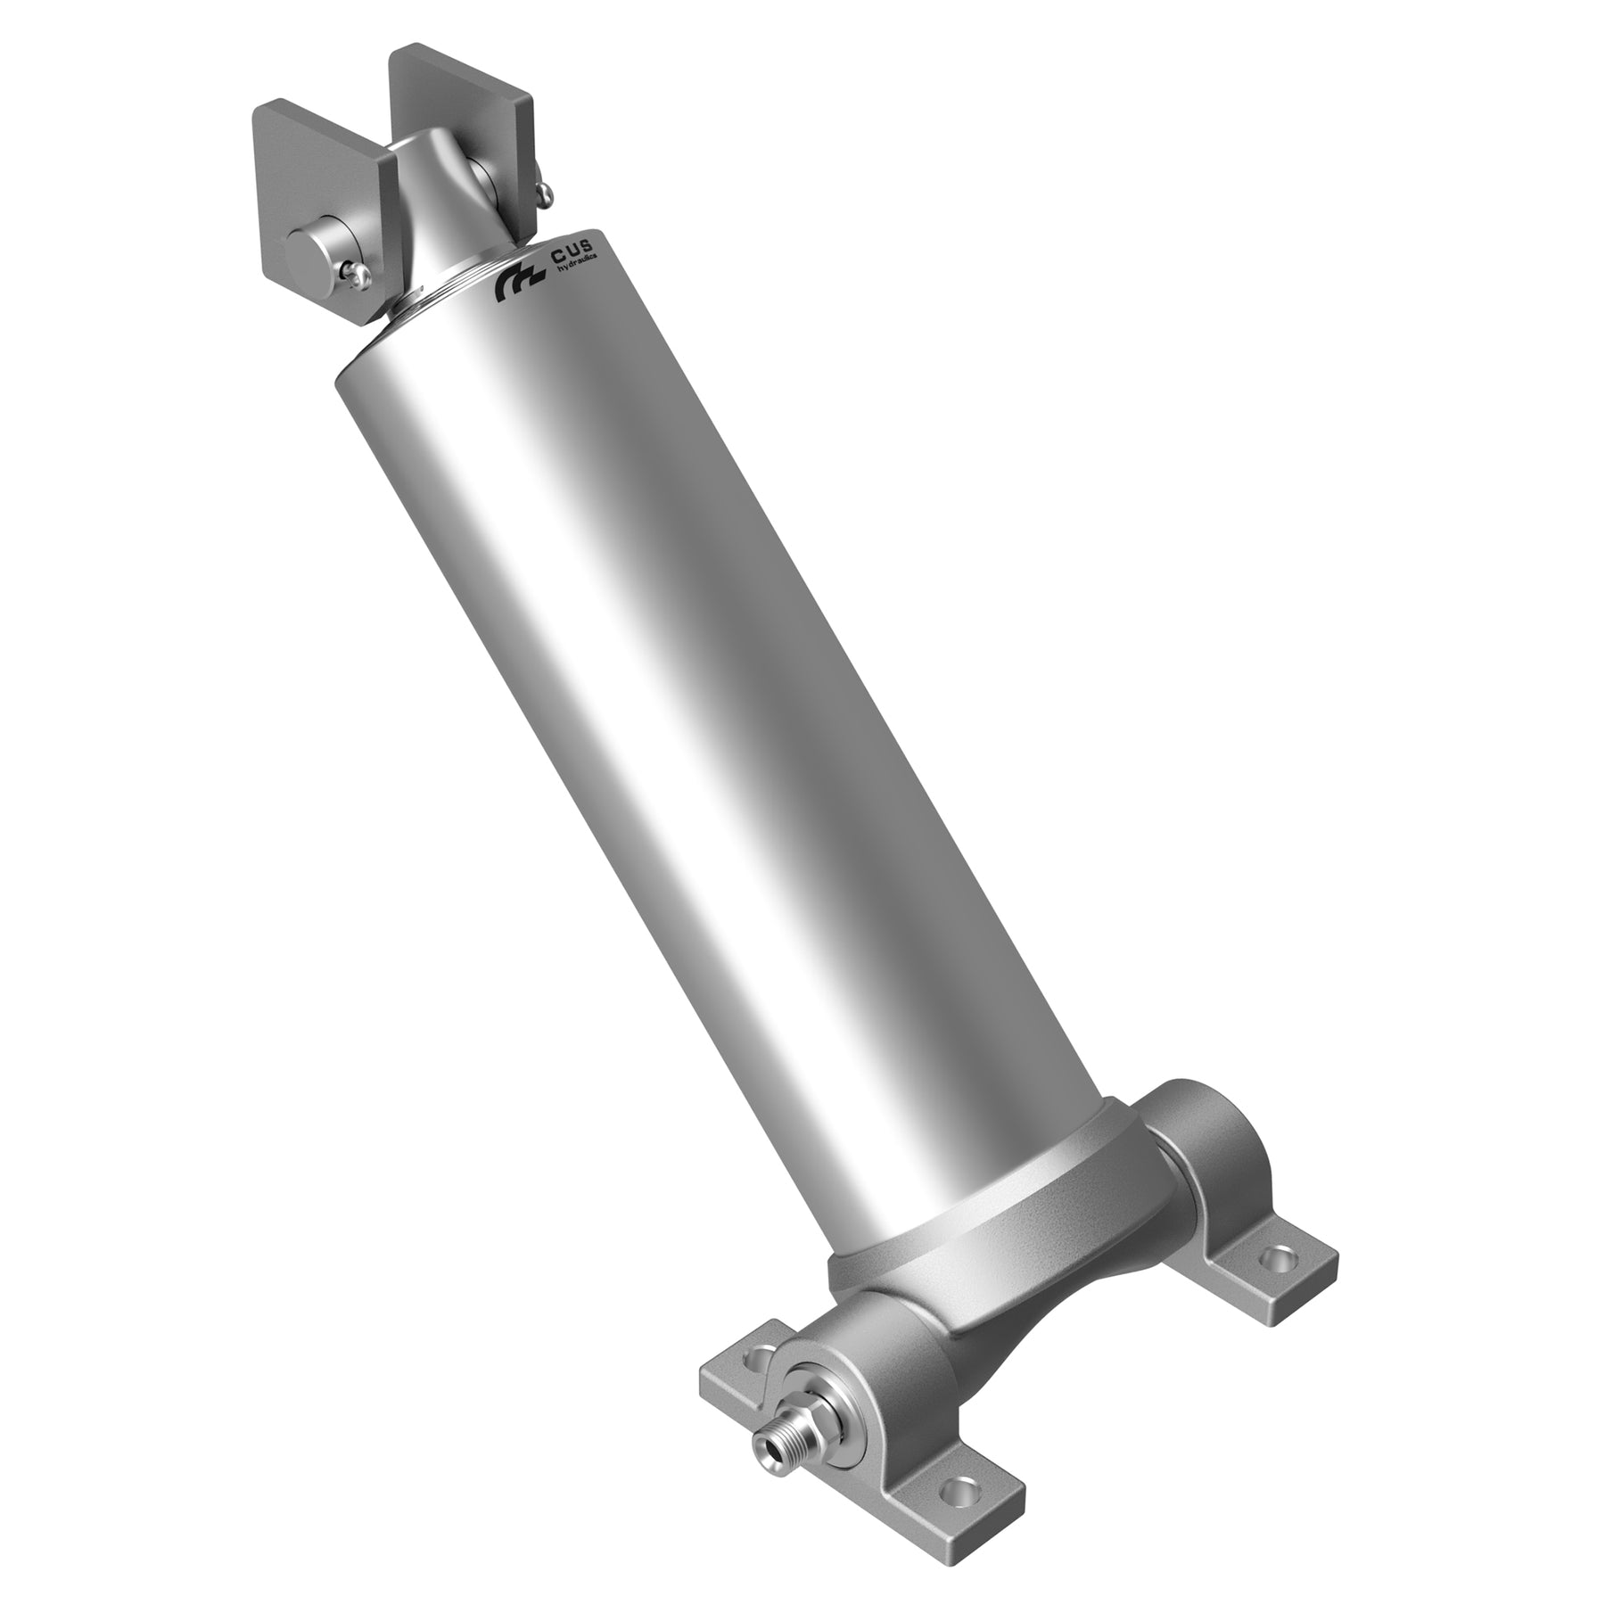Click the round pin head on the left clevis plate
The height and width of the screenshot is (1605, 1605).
coord(313,246)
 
